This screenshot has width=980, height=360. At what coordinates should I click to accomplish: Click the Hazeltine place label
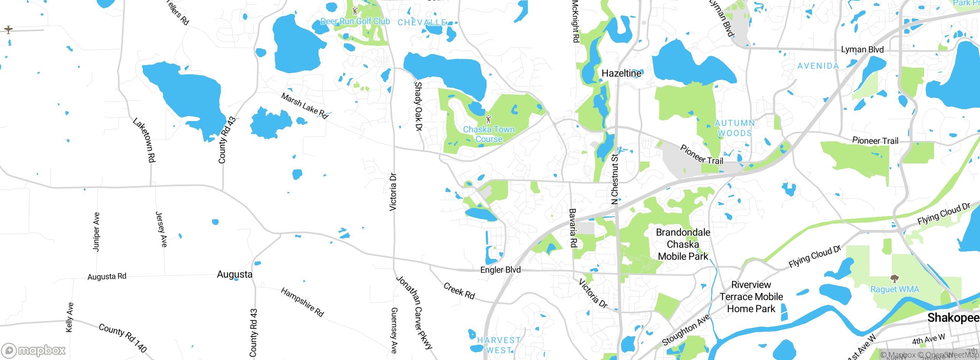coord(621,73)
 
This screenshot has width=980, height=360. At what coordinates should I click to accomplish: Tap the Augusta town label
coord(234,274)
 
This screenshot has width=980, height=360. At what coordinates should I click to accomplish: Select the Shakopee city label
coord(952,317)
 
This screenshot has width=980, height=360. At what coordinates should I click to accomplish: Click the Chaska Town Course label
coord(489,134)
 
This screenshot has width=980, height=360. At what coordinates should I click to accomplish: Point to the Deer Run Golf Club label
coord(355,21)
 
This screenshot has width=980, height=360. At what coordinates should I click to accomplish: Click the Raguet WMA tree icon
coord(894,278)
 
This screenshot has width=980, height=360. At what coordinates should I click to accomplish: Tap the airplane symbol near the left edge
coord(8,29)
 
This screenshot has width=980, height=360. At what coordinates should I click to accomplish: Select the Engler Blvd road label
coord(500,270)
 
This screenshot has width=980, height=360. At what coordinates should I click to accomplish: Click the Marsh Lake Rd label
coord(305,106)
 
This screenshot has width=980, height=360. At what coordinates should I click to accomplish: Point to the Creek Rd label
coord(459,291)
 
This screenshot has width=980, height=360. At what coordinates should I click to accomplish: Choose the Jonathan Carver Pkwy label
coord(415,312)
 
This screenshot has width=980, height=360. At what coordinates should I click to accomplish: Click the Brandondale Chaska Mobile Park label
coord(683,244)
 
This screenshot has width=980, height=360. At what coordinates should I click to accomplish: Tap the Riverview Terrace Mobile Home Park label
coord(751,297)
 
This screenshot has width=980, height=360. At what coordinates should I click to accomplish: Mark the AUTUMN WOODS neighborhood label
coord(735,128)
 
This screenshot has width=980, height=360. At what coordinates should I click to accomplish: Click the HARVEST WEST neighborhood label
coord(499,345)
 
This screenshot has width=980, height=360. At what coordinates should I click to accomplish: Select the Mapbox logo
coord(34,350)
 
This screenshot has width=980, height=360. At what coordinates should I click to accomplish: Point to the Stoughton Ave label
coord(686,330)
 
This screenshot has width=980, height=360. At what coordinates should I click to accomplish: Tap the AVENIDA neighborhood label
coord(818,66)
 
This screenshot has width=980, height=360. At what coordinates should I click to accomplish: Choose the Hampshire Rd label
coord(302,302)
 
